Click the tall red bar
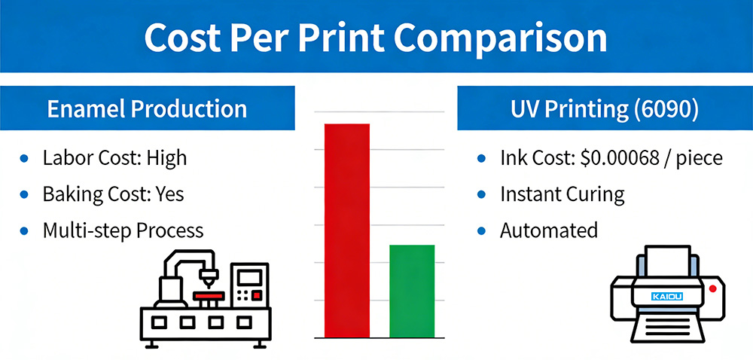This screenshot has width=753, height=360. [346, 230]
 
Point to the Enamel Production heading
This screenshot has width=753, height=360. [147, 108]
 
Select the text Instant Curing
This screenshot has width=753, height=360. [562, 194]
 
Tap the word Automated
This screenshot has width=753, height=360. [548, 230]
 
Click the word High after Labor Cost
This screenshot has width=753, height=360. [166, 158]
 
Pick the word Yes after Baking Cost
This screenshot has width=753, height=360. [169, 194]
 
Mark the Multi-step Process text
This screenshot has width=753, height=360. [123, 229]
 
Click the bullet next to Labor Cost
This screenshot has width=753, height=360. [25, 159]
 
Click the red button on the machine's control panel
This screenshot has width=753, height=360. [258, 294]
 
